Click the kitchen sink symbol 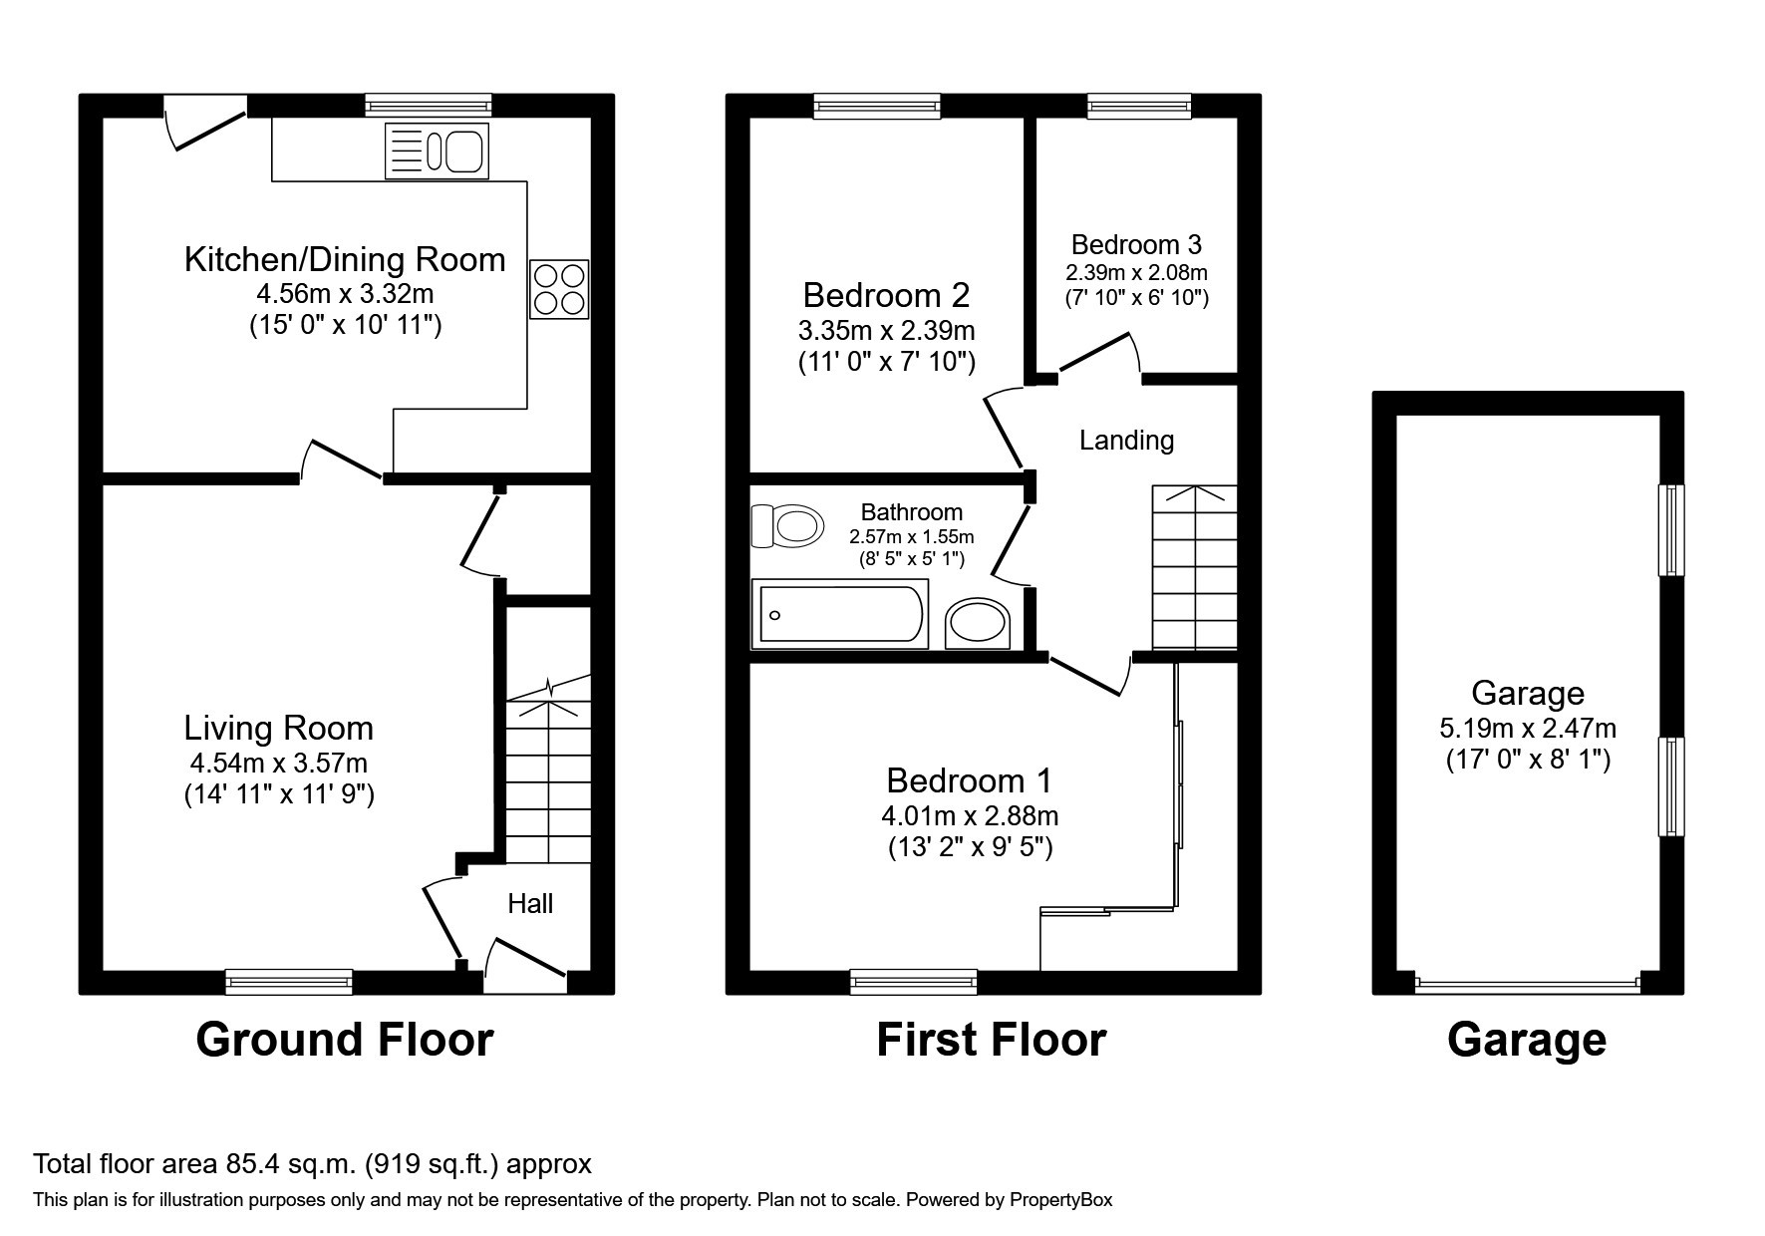[437, 152]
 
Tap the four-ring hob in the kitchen [559, 289]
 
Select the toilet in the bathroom [787, 525]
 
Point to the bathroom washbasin [979, 622]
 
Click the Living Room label [279, 728]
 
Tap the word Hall [530, 903]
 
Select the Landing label [1126, 440]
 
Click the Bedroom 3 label [1136, 244]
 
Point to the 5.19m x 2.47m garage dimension [1528, 729]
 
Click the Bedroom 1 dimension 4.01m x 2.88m [970, 816]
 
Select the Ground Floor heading [345, 1040]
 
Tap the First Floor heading [992, 1040]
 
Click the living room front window [289, 982]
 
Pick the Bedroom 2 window [877, 106]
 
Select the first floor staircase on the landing [1194, 568]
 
